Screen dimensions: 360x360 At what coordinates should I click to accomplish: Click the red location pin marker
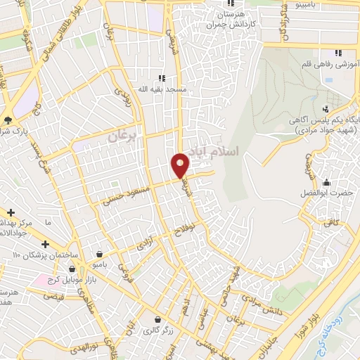(181, 165)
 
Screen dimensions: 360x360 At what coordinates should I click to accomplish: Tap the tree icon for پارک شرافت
(8, 120)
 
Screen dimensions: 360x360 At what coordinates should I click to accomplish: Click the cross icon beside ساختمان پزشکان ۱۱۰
(46, 244)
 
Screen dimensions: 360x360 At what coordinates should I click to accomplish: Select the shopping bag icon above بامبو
(101, 255)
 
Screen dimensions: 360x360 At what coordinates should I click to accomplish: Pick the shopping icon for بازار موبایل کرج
(72, 269)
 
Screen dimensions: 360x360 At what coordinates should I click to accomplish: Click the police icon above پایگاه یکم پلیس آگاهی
(326, 108)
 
